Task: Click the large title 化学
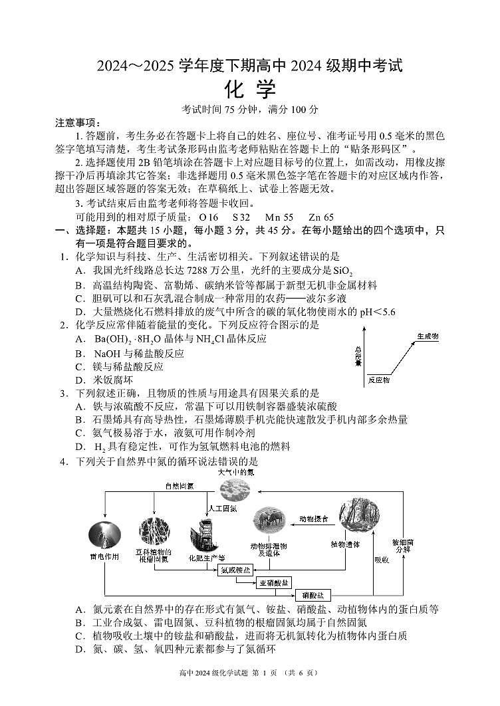(x=250, y=89)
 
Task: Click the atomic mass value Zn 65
(x=321, y=217)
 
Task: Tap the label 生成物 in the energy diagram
(x=427, y=336)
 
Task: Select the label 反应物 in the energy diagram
(x=378, y=381)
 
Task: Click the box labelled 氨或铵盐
(x=236, y=570)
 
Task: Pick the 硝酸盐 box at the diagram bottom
(x=312, y=595)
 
